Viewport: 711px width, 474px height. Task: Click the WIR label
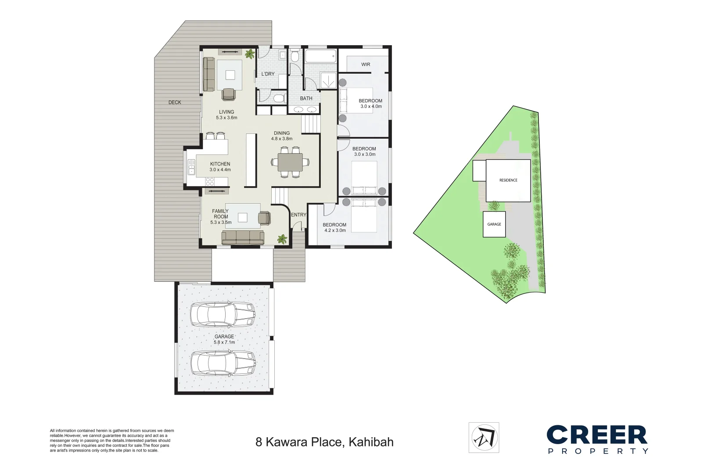(366, 65)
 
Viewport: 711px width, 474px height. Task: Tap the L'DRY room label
(268, 74)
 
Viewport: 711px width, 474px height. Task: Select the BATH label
(306, 98)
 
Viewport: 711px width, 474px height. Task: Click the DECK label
(175, 102)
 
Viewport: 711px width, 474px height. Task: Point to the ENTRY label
(298, 215)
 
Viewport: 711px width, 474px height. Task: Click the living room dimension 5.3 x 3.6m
(226, 118)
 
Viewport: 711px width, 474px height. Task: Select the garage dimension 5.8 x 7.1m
(224, 342)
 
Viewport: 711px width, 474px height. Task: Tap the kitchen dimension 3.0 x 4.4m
(220, 170)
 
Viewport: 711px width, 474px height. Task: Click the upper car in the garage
(223, 314)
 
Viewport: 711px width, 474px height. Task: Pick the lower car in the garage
(223, 363)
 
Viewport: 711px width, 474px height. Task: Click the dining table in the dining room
(290, 162)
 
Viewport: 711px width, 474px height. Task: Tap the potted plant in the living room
(250, 54)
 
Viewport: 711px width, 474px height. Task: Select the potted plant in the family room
(282, 239)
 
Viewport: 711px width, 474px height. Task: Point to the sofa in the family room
(243, 237)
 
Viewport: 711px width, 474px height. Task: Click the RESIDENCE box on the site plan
(508, 180)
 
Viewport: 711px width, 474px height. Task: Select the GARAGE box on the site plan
(494, 224)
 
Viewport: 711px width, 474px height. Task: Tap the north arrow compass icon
(484, 438)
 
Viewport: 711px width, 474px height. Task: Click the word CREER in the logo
(597, 434)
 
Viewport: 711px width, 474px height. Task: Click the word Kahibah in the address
(371, 442)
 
